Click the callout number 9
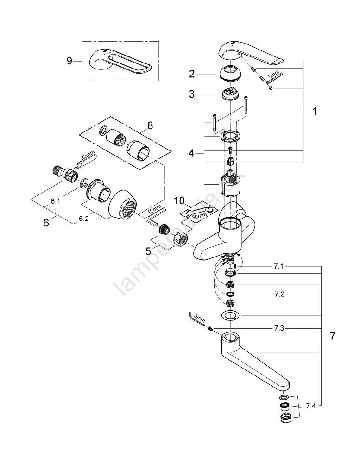pos(69,61)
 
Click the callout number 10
pos(179,200)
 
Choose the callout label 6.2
pos(83,219)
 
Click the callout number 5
pos(148,251)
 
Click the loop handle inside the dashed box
pos(120,61)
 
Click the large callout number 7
pos(332,336)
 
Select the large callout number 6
pos(45,223)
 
